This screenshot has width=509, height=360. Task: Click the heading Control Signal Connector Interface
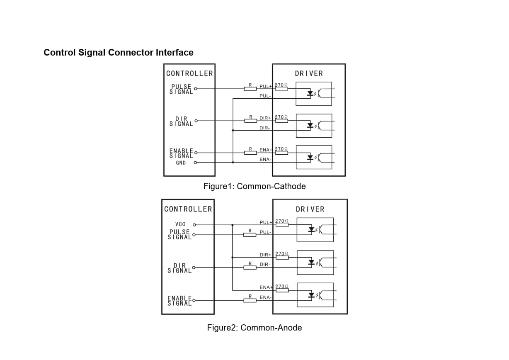point(119,53)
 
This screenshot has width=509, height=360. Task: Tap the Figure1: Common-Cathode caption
point(254,186)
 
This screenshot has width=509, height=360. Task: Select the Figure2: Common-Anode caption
point(254,328)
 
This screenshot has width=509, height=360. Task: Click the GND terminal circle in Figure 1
point(195,163)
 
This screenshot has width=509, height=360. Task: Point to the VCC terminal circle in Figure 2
point(194,225)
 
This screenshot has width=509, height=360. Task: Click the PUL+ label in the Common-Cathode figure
point(266,86)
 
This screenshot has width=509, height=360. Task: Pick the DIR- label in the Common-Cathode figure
point(265,128)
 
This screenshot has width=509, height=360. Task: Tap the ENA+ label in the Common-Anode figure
point(266,287)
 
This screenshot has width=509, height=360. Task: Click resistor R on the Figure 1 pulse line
point(250,89)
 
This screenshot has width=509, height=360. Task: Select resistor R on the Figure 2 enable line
point(250,300)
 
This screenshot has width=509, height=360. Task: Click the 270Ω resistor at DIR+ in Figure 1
point(281,121)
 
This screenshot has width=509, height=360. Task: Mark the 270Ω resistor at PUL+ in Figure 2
point(282,225)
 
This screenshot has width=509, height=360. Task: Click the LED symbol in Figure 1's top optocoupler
point(310,94)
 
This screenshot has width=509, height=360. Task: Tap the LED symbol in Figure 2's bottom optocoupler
point(311,295)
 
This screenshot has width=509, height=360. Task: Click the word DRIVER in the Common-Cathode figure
point(309,73)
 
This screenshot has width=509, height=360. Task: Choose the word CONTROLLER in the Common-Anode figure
point(188,209)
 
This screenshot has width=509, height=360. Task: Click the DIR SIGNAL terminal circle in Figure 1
point(196,121)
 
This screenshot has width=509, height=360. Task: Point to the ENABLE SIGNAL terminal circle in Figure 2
point(194,300)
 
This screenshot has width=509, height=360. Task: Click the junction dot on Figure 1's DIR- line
point(233,131)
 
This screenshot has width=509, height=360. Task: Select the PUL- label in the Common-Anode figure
point(265,232)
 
